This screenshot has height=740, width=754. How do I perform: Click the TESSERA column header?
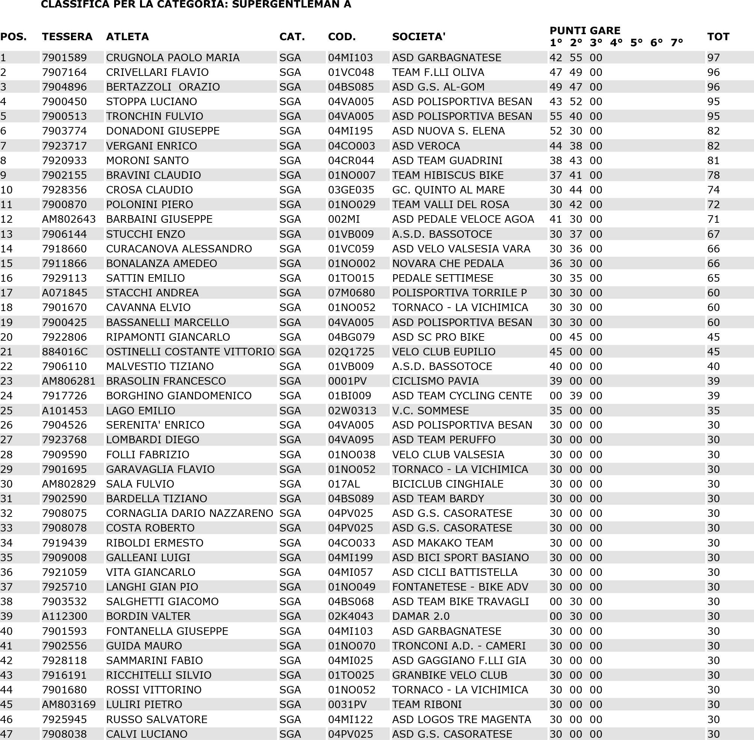point(67,36)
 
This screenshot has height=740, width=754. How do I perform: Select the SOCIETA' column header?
point(418,36)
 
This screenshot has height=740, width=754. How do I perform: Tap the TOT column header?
point(718,36)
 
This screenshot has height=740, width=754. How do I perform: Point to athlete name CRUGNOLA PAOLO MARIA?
point(172,57)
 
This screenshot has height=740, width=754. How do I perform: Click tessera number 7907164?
point(64,72)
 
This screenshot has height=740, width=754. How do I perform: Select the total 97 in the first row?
point(713,57)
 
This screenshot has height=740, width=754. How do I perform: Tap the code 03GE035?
point(351,190)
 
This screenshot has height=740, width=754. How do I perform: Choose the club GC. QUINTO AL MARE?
point(448,190)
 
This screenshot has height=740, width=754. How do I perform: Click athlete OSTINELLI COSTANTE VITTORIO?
point(190,352)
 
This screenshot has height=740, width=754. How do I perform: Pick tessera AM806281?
point(68,381)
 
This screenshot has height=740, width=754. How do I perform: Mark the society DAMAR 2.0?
point(420,616)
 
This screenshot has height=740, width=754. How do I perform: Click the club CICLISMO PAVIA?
point(435,381)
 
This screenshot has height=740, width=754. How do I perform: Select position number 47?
point(6,734)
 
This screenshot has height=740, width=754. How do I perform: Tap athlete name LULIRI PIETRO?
point(144,704)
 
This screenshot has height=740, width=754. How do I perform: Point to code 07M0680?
point(351,293)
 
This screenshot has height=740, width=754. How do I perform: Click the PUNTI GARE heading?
point(585,30)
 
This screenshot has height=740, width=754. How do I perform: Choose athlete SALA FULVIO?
point(140,484)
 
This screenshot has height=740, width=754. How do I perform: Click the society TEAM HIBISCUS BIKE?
point(448,175)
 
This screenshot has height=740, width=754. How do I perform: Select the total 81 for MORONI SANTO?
point(713,160)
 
